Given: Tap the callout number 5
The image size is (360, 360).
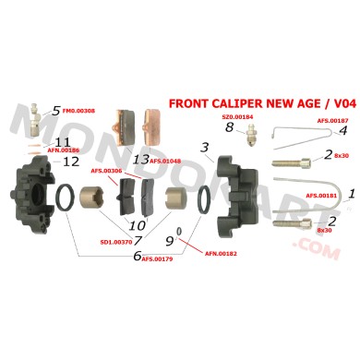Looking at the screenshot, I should [56, 111].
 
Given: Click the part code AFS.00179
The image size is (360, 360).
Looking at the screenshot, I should [157, 259].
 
